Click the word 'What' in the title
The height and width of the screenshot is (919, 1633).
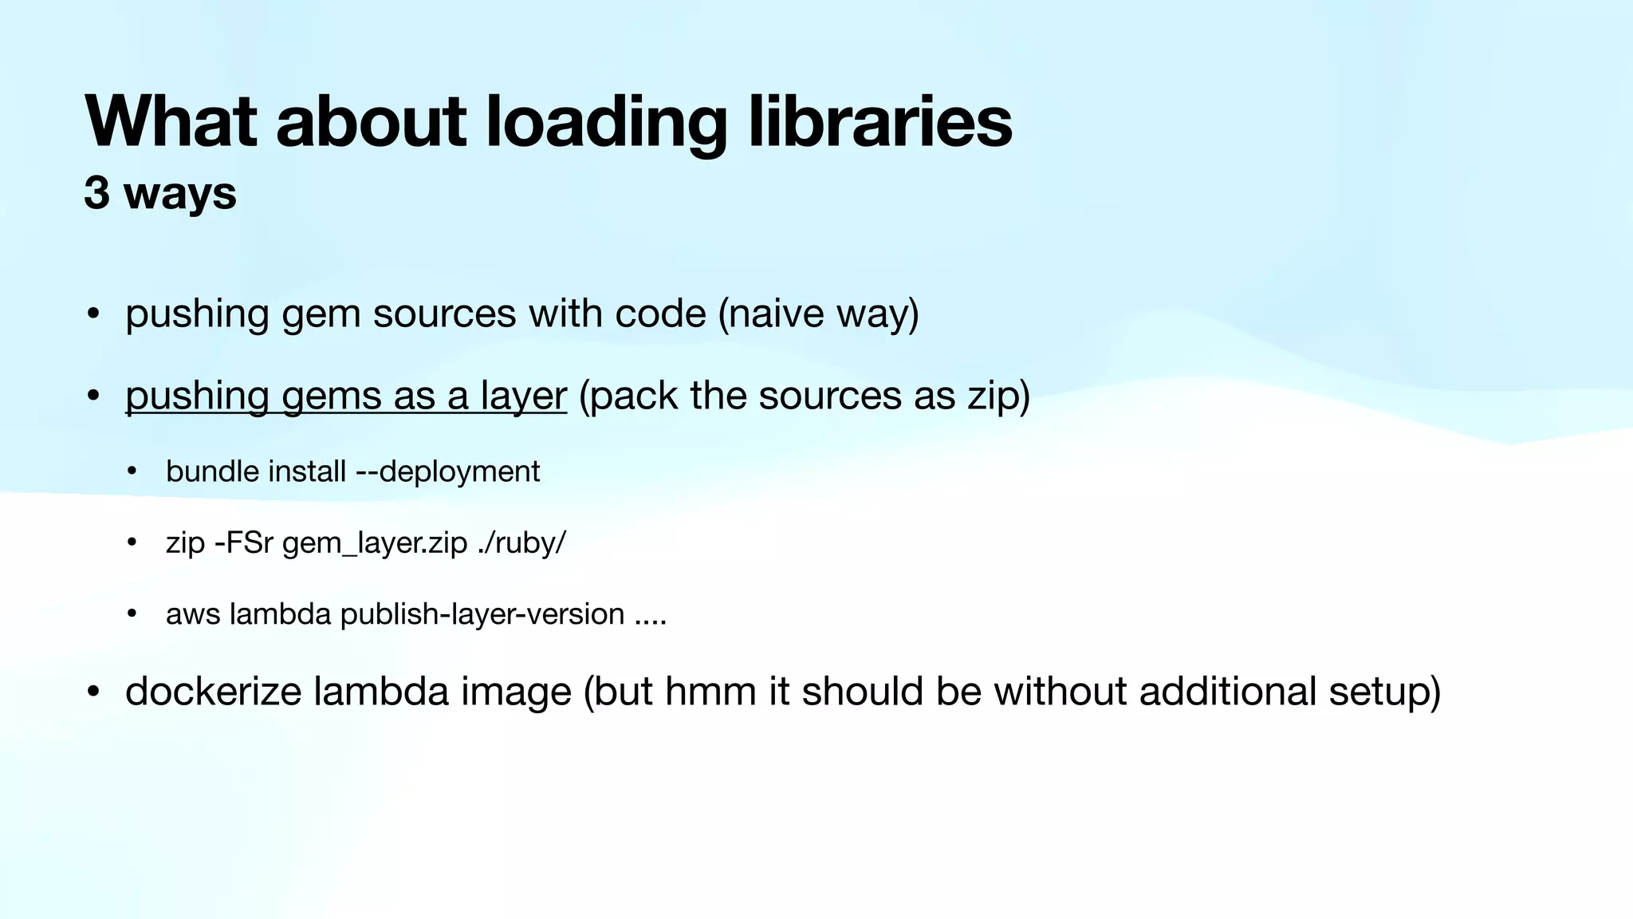coord(171,121)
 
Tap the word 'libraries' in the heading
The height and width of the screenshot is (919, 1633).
coord(880,121)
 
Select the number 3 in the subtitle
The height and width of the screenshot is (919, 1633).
coord(96,193)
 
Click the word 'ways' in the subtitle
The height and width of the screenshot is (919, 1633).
coord(180,195)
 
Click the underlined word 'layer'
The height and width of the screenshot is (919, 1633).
coord(523,396)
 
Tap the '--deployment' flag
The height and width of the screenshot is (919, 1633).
coord(448,471)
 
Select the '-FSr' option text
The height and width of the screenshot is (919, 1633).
coord(244,542)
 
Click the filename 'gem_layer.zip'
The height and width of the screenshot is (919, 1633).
coord(375,543)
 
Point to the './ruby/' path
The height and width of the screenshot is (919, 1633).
coord(521,542)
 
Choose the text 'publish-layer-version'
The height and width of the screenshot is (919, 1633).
coord(482,614)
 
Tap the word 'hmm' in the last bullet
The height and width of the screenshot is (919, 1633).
coord(710,691)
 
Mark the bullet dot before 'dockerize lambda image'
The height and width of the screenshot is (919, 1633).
coord(93,692)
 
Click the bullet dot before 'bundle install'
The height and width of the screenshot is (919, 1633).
coord(132,471)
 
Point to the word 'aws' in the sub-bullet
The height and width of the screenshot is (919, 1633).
coord(193,614)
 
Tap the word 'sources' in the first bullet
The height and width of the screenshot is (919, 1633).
coord(444,313)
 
